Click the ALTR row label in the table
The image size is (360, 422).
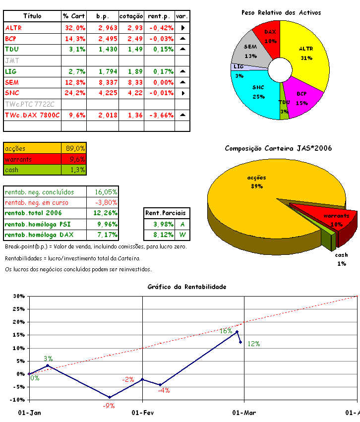point(13,28)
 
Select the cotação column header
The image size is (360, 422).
point(131,16)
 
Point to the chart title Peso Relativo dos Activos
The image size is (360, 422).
point(281,12)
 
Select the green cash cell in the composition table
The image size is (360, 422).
point(32,170)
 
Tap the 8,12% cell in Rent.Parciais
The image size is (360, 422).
point(159,235)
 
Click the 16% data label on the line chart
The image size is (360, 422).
point(226,331)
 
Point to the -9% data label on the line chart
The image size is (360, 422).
point(109,405)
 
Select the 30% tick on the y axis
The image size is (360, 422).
point(19,297)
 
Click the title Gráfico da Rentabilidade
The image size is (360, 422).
point(187,287)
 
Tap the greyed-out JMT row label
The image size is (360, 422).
point(11,60)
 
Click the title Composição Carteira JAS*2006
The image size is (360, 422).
point(278,148)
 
